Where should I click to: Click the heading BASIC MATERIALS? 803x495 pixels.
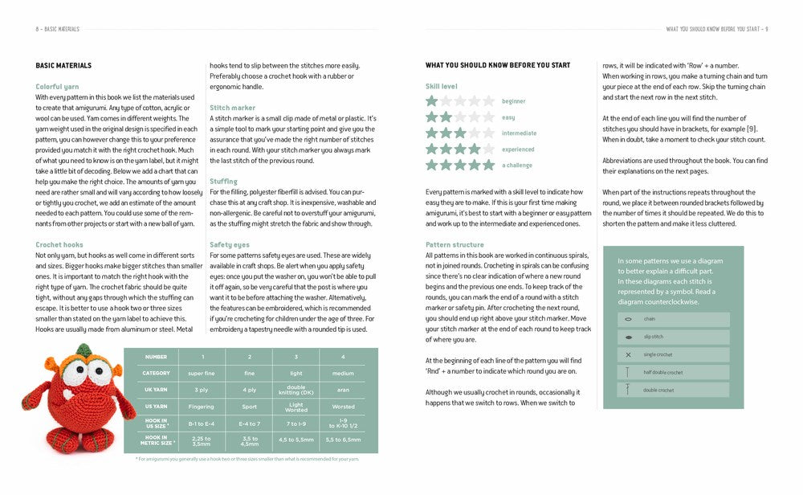tap(63, 65)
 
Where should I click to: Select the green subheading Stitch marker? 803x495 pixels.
tap(232, 108)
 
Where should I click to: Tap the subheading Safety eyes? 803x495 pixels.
tap(229, 244)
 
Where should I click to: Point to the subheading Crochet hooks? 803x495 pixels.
tap(60, 244)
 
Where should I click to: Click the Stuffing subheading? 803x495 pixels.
tap(222, 182)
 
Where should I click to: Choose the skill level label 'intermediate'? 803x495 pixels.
tap(519, 133)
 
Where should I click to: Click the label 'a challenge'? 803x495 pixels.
tap(517, 166)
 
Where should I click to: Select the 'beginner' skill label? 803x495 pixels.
tap(513, 101)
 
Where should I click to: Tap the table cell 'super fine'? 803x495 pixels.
tap(202, 373)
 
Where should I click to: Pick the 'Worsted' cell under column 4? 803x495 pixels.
tap(343, 407)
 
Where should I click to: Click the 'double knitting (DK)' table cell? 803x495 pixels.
tap(296, 390)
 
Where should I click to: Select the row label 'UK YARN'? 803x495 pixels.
tap(156, 390)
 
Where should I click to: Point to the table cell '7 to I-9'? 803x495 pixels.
tap(296, 423)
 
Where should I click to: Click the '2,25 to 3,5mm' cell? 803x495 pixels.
tap(202, 440)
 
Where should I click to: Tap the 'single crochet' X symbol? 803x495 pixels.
tap(628, 354)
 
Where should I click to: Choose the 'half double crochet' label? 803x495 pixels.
tap(663, 372)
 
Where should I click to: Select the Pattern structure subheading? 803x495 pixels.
tap(454, 244)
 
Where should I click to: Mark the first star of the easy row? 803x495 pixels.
tap(432, 117)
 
